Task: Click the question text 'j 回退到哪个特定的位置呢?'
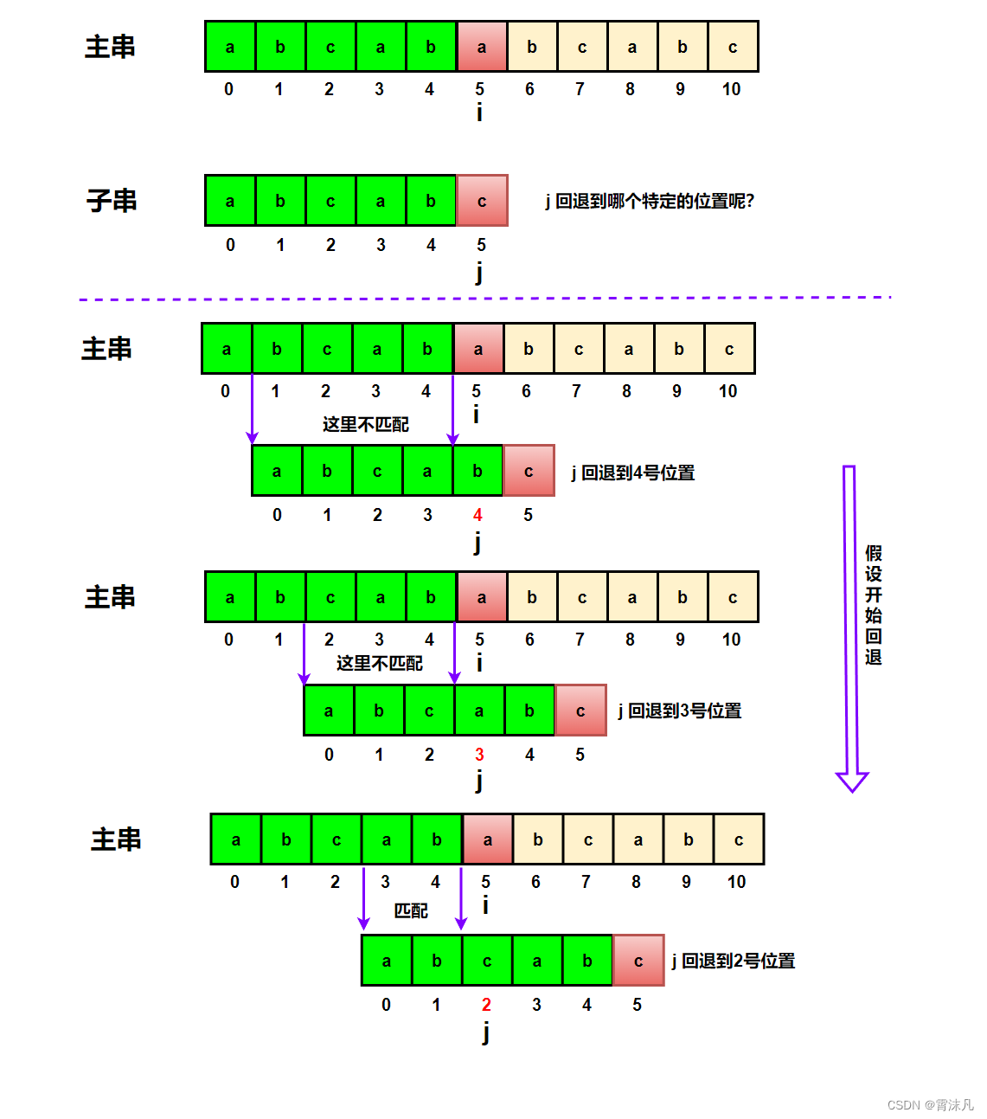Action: [x=650, y=202]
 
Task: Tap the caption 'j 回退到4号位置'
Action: [x=633, y=473]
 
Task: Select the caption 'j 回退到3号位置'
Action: [x=680, y=711]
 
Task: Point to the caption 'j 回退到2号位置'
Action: [x=734, y=961]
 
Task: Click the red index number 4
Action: [x=477, y=516]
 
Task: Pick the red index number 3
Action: [x=479, y=756]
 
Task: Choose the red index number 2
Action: [x=486, y=1005]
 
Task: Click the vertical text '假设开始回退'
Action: [x=874, y=605]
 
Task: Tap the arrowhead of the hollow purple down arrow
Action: [x=852, y=781]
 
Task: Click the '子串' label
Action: [x=112, y=202]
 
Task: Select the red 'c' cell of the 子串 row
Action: [x=482, y=202]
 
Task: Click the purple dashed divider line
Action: [x=484, y=299]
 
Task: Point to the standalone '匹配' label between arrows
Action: [x=411, y=910]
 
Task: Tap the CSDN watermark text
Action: [x=930, y=1105]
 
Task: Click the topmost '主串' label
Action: [x=110, y=47]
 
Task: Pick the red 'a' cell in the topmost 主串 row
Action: [x=482, y=48]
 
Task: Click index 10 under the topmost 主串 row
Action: [x=731, y=89]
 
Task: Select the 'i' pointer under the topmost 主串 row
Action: [x=479, y=113]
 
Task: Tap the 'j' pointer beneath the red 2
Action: [x=486, y=1032]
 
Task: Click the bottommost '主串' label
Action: [x=116, y=839]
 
